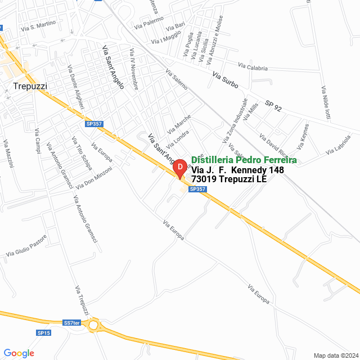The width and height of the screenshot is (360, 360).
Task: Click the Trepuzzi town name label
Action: pyautogui.click(x=30, y=86)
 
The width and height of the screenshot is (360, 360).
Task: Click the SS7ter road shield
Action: pyautogui.click(x=72, y=323)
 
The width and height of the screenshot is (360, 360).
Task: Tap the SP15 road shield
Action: pyautogui.click(x=44, y=333)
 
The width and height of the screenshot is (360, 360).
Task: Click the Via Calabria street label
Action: pyautogui.click(x=253, y=67)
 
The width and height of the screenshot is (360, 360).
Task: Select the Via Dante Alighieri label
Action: pyautogui.click(x=75, y=87)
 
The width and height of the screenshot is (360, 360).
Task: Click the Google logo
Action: pyautogui.click(x=19, y=353)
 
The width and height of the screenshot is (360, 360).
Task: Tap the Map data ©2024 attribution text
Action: pyautogui.click(x=335, y=355)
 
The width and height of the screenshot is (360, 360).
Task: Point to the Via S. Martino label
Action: pyautogui.click(x=38, y=26)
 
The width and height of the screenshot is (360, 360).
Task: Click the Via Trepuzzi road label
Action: pyautogui.click(x=82, y=300)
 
